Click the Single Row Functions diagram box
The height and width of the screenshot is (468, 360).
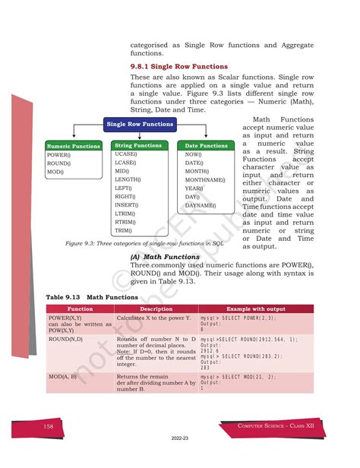tap(141, 124)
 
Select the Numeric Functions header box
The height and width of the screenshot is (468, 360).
tap(74, 146)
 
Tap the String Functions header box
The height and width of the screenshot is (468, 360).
tap(137, 145)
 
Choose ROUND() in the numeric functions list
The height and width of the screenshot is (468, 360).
tap(58, 163)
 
